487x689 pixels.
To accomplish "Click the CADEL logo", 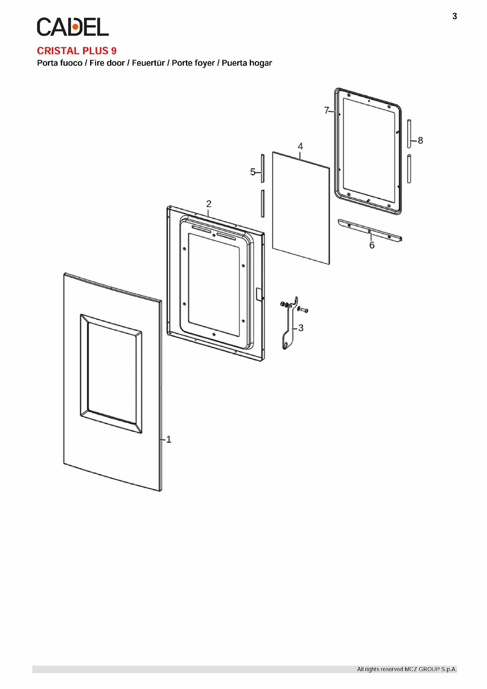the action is click(x=73, y=27).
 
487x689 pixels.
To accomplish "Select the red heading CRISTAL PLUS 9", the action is click(x=77, y=51).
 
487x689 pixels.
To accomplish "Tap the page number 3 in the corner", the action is click(x=455, y=16).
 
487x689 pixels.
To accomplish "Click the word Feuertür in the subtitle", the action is click(x=148, y=63).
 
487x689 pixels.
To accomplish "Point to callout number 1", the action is click(x=169, y=439).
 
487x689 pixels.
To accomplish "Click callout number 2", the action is click(x=209, y=204).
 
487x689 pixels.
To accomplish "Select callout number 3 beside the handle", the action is click(x=301, y=328).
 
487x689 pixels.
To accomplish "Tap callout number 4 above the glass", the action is click(x=300, y=146).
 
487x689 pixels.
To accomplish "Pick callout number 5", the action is click(x=253, y=172).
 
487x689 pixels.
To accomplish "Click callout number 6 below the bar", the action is click(x=372, y=245).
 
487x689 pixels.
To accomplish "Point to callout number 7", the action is click(x=326, y=110).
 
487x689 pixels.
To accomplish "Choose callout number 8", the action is click(x=420, y=140).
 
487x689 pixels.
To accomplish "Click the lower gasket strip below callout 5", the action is click(x=262, y=204).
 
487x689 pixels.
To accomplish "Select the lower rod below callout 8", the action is click(x=409, y=169).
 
